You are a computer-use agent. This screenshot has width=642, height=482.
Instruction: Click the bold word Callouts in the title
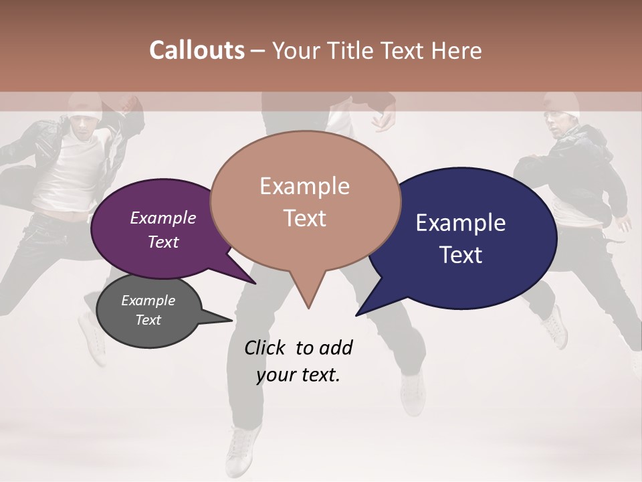pos(197,50)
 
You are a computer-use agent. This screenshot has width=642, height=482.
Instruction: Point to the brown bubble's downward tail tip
pos(308,307)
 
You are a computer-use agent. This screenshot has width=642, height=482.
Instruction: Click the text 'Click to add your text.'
pos(298,361)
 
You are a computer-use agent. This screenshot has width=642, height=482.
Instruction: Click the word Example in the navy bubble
pos(461,223)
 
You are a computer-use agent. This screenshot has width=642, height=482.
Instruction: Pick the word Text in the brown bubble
pos(305,218)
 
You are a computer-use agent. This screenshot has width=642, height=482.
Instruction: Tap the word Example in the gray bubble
pos(148,301)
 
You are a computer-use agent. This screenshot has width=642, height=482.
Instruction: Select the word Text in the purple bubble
pos(163,242)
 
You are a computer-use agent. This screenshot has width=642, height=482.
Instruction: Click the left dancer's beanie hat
pos(84,107)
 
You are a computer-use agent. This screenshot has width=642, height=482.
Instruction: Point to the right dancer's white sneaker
pos(554,327)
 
